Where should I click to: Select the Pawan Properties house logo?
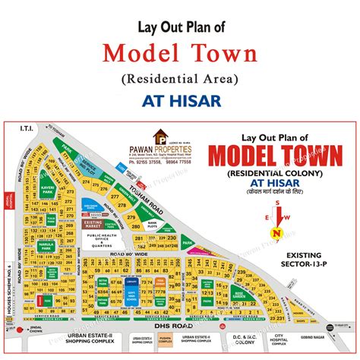(x=161, y=136)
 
